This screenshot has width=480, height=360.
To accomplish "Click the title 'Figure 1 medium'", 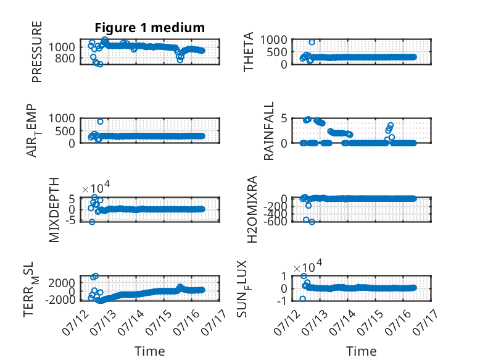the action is tap(150, 28).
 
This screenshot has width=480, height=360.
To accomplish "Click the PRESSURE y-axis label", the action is tap(37, 52).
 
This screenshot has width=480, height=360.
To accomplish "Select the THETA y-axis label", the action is tap(248, 52).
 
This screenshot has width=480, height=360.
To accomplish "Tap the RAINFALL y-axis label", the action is tap(268, 131).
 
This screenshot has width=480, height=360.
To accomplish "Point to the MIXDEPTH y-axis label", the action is tap(54, 210).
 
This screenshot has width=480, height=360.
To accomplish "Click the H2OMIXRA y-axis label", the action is tap(252, 209).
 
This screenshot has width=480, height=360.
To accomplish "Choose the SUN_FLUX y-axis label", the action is tap(242, 288).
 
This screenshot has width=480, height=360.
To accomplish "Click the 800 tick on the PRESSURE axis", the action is tap(65, 58).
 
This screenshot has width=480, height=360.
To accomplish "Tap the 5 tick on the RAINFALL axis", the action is tap(284, 119).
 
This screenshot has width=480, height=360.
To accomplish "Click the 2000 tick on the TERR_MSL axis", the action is tap(62, 283).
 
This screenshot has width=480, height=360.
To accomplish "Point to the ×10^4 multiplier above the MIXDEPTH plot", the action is tap(96, 187).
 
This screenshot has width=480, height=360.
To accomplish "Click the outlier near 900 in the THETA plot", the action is tap(312, 42).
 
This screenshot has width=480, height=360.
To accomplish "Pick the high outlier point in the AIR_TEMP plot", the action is tap(100, 122).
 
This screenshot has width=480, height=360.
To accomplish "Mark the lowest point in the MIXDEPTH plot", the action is tap(92, 222).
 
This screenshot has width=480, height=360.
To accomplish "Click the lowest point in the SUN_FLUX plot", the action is tap(303, 299).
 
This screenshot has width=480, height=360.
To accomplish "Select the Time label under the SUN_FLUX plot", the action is tap(361, 351).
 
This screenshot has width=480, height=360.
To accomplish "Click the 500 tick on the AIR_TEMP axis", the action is tap(65, 131).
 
